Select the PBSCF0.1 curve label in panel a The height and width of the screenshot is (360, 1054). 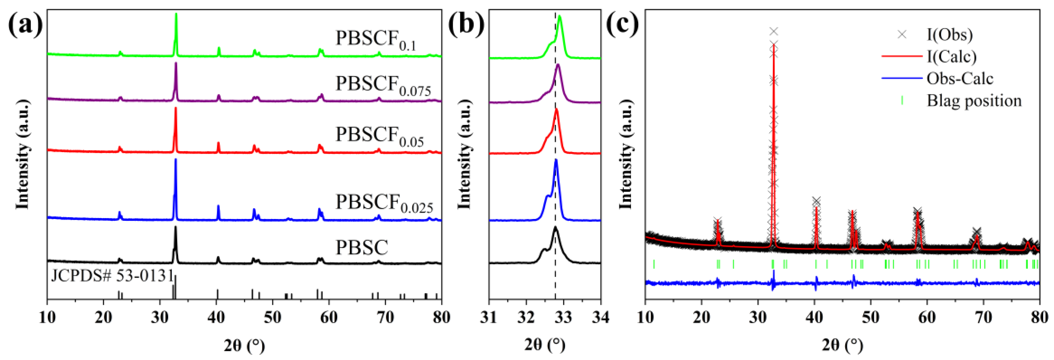click(x=376, y=40)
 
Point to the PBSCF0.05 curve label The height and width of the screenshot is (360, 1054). click(x=379, y=136)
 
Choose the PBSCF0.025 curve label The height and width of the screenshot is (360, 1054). click(x=384, y=203)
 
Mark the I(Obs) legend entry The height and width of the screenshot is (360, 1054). click(x=949, y=35)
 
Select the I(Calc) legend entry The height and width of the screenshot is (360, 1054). click(x=951, y=56)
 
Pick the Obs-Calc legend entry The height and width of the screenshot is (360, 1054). click(x=959, y=78)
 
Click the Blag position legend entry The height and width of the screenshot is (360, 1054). click(x=974, y=100)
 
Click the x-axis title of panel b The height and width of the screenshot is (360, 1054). click(x=545, y=345)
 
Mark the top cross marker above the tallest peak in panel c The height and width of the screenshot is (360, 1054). click(x=773, y=31)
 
